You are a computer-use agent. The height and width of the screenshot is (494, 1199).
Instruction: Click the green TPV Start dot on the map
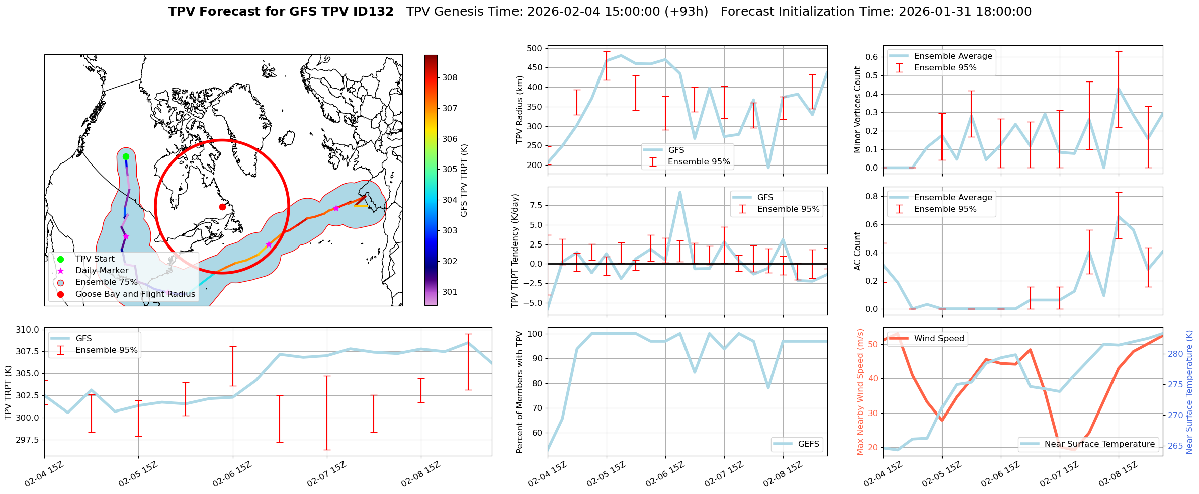126,157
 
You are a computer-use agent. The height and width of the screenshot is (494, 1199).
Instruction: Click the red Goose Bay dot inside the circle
222,207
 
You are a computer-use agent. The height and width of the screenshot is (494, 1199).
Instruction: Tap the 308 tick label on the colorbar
450,77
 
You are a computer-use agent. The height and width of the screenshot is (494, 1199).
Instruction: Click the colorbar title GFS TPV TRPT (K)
464,181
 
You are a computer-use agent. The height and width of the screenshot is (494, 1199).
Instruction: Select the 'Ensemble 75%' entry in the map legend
106,282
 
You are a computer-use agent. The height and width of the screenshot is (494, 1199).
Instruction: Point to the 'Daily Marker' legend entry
102,271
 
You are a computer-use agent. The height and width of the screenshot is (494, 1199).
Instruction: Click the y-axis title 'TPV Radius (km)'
520,110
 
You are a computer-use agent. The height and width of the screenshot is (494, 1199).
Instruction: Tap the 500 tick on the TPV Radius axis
534,49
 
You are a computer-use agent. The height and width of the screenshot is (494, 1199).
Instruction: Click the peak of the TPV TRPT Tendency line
680,192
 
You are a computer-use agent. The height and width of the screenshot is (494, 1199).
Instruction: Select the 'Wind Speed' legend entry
938,339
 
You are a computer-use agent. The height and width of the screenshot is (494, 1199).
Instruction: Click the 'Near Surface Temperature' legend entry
1099,444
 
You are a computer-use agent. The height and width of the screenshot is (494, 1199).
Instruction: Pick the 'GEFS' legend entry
808,444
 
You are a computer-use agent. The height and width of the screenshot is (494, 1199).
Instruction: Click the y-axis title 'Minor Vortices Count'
858,110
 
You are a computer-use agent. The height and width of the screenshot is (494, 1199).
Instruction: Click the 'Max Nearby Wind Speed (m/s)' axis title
860,392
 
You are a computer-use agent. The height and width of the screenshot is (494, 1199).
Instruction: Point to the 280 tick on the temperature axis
1175,354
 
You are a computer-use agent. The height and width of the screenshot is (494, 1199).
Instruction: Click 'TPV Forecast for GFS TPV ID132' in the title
281,12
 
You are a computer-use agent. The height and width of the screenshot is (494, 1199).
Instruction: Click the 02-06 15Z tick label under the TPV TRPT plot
231,475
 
